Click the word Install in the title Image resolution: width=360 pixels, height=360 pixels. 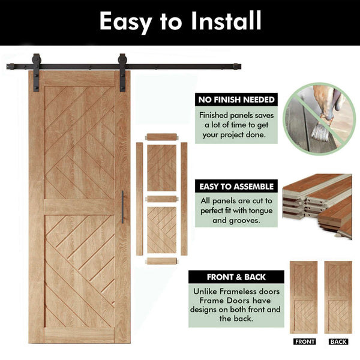coord(226,20)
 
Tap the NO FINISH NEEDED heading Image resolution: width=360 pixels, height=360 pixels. coord(236,100)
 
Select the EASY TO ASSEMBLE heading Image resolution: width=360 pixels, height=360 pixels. coord(236,187)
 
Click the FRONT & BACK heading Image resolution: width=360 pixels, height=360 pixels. coord(236,277)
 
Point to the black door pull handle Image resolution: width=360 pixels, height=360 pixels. coord(122,207)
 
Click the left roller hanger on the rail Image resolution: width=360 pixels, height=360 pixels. coord(36,73)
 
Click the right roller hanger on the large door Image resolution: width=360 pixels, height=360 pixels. coord(122,73)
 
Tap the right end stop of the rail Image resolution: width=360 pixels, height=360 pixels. coord(237,67)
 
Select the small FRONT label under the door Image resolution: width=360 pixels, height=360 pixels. coord(304,341)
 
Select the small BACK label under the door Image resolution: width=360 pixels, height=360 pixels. coord(338,341)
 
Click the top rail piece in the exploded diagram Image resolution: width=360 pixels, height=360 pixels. coord(162,137)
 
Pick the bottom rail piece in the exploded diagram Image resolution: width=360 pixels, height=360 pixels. coord(162,261)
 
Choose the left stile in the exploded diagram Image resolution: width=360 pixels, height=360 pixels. coord(139,199)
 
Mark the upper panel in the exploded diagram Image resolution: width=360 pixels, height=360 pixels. coord(162,168)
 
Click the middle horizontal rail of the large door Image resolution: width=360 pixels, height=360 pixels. coord(79,207)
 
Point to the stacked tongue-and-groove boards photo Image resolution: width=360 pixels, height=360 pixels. coord(317,206)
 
